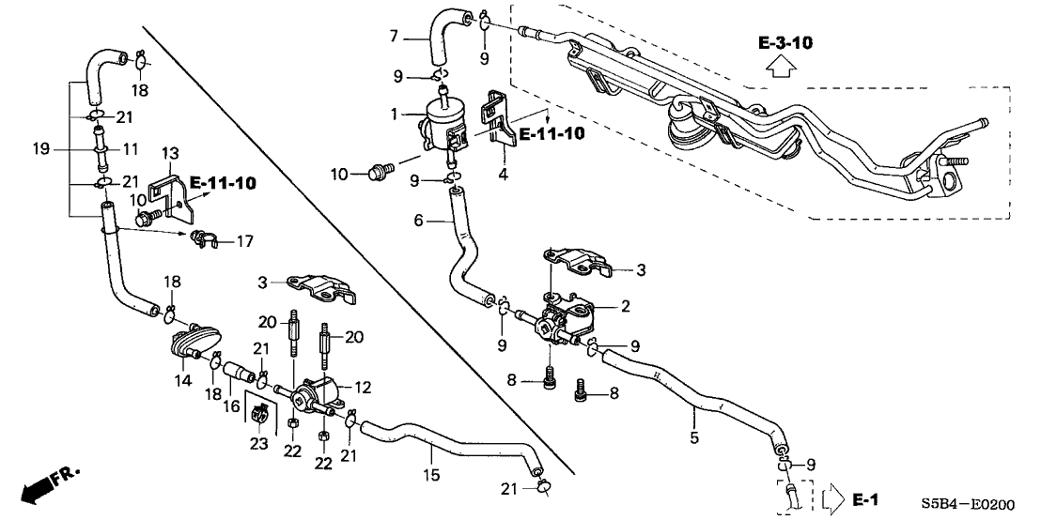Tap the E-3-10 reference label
point(786,43)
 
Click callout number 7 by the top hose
point(396,38)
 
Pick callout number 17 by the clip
point(244,242)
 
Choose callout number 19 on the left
point(39,148)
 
